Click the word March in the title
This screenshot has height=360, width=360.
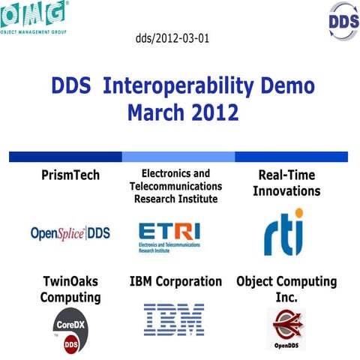pyautogui.click(x=154, y=113)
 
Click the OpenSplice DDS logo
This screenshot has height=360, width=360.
pyautogui.click(x=70, y=233)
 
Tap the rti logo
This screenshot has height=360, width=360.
pyautogui.click(x=284, y=232)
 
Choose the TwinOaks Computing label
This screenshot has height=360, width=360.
pyautogui.click(x=70, y=289)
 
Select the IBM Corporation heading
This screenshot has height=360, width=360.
pyautogui.click(x=175, y=282)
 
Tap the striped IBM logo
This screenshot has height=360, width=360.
pyautogui.click(x=174, y=319)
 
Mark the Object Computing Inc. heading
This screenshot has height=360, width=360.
pyautogui.click(x=286, y=289)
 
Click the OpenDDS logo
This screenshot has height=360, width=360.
pyautogui.click(x=286, y=328)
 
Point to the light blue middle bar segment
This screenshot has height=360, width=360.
pyautogui.click(x=178, y=157)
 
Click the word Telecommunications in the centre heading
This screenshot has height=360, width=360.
pyautogui.click(x=175, y=186)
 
